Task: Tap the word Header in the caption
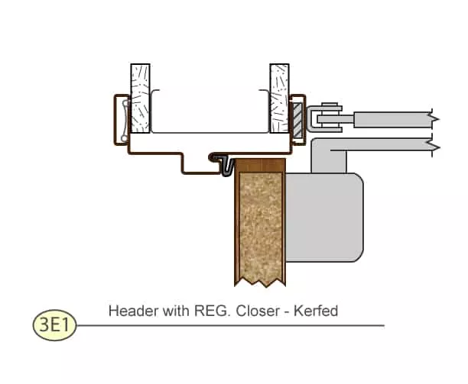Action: pos(128,311)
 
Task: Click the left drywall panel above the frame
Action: pos(140,96)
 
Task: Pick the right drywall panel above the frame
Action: pos(278,96)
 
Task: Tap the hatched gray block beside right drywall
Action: pos(297,119)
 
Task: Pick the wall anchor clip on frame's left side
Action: pos(121,118)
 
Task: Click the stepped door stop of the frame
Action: pos(196,163)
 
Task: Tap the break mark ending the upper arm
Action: pos(434,119)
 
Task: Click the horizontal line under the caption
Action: pos(229,325)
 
